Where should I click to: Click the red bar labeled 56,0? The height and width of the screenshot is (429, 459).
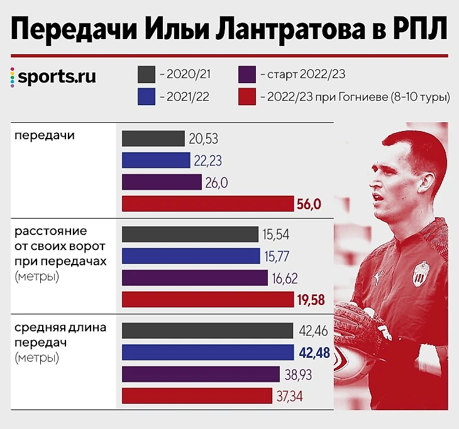pos(207,203)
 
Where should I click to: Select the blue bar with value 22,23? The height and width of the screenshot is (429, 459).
pos(156,160)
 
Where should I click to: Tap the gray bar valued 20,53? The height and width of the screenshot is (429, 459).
pos(153,139)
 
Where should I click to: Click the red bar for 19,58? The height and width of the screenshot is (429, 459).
pos(207,299)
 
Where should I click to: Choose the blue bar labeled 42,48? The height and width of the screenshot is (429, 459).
pos(207,352)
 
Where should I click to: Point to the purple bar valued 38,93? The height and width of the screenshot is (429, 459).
pos(201,374)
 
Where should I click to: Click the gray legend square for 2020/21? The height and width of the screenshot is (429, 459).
pos(146,75)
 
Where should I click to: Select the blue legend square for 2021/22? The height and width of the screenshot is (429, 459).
pos(146,97)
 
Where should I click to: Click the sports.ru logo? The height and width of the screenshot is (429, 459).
pos(53,77)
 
